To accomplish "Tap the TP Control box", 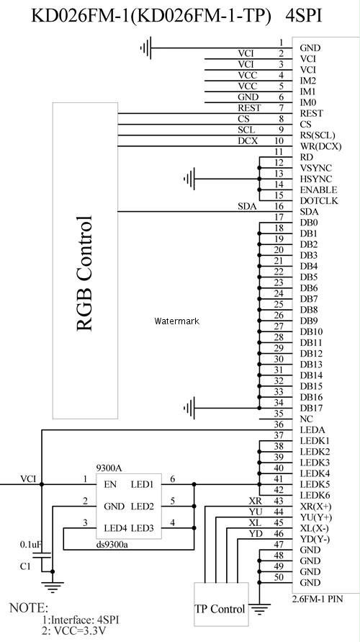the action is (x=221, y=604).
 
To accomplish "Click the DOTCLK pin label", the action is (x=319, y=201).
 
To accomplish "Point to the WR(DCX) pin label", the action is (x=320, y=146).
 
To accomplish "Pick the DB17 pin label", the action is (x=311, y=409).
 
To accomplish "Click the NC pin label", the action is (x=307, y=419).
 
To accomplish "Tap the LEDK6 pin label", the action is (x=315, y=496).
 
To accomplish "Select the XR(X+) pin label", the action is (x=316, y=507).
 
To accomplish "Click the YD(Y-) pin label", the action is (x=315, y=539).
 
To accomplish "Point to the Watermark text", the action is (x=176, y=321).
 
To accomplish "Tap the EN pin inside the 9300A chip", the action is (x=110, y=485).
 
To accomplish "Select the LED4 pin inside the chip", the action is (x=115, y=528).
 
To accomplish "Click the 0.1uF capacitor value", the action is (x=31, y=545).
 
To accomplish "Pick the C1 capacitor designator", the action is (x=25, y=566).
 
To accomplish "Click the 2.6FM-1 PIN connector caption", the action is (x=318, y=599).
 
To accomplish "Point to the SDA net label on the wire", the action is (x=247, y=207).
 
